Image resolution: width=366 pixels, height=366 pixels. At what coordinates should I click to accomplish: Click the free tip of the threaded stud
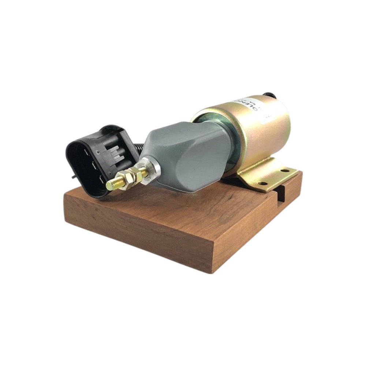point(109,186)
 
